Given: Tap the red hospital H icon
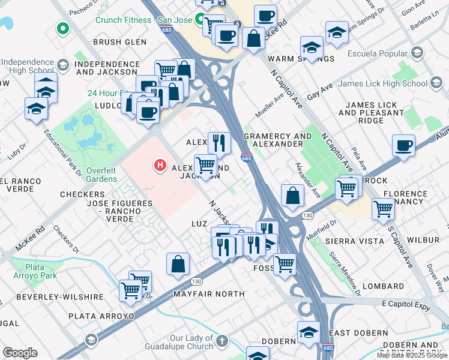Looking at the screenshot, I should pyautogui.click(x=160, y=164).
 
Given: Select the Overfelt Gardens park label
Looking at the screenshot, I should pyautogui.click(x=101, y=174).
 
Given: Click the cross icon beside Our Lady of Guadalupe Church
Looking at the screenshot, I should pyautogui.click(x=222, y=341).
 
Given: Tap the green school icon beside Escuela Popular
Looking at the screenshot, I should pyautogui.click(x=417, y=54).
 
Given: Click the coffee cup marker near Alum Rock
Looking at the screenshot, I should pyautogui.click(x=403, y=146).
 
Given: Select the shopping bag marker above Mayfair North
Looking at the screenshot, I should pyautogui.click(x=178, y=263).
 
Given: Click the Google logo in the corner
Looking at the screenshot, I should pyautogui.click(x=20, y=353).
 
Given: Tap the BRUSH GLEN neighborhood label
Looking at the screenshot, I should pyautogui.click(x=120, y=42).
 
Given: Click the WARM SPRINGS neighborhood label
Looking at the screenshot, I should pyautogui.click(x=309, y=59).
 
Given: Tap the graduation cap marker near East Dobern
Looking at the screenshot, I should pyautogui.click(x=309, y=331).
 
